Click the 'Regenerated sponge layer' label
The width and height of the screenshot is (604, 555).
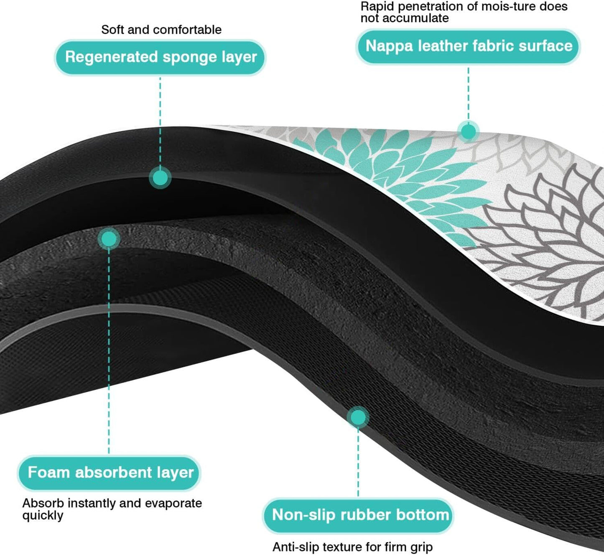pos(161,57)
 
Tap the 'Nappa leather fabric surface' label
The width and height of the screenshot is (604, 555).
pos(468,46)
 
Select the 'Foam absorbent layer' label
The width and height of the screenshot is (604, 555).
pos(110,473)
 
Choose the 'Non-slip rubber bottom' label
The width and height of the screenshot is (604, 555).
pos(359,515)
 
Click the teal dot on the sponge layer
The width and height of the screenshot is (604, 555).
pos(160,178)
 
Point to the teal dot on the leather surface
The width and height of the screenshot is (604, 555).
pos(468,132)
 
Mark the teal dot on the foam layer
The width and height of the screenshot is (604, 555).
pos(109,239)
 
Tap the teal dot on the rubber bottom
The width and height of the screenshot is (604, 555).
pos(358,417)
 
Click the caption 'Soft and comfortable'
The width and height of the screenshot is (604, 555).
pos(161,30)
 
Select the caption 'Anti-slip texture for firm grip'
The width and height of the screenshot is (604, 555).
pos(352,547)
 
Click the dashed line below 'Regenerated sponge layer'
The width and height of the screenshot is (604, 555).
pos(160,121)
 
